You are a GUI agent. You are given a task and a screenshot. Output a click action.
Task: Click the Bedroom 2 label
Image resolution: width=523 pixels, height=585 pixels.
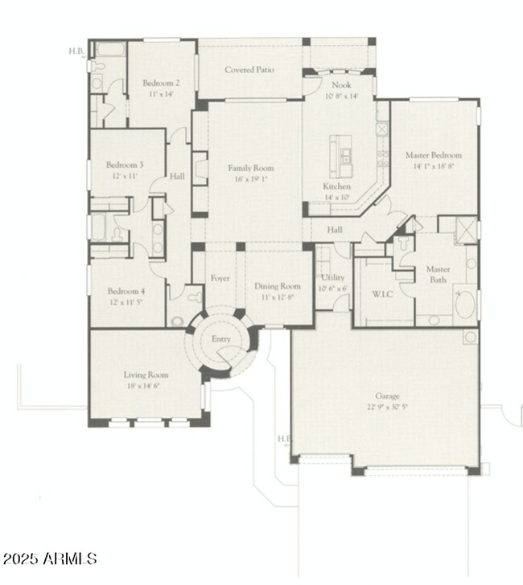[x=160, y=83]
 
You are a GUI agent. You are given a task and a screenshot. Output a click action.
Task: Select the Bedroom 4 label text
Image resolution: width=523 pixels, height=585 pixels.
[x=125, y=292]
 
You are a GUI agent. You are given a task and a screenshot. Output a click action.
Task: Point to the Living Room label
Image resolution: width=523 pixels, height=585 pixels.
[x=146, y=374]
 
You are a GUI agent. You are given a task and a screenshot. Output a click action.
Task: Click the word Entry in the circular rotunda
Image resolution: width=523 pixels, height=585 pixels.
[x=220, y=340]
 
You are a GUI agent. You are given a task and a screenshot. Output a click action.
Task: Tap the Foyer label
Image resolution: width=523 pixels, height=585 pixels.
[x=220, y=278]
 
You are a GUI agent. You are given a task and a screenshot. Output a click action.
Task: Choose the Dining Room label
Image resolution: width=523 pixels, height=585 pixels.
[x=277, y=285]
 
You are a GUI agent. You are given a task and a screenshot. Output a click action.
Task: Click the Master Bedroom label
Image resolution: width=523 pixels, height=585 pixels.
[x=434, y=155]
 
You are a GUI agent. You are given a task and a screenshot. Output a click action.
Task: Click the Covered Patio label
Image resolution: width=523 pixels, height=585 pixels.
[x=249, y=70]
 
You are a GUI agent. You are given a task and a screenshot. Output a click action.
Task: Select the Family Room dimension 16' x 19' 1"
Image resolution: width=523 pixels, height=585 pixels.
[x=250, y=181]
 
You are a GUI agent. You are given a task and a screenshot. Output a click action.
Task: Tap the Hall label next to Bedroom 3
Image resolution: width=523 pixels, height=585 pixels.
[x=178, y=177]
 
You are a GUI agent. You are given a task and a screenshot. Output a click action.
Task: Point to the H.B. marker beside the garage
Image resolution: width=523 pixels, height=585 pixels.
[x=282, y=439]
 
